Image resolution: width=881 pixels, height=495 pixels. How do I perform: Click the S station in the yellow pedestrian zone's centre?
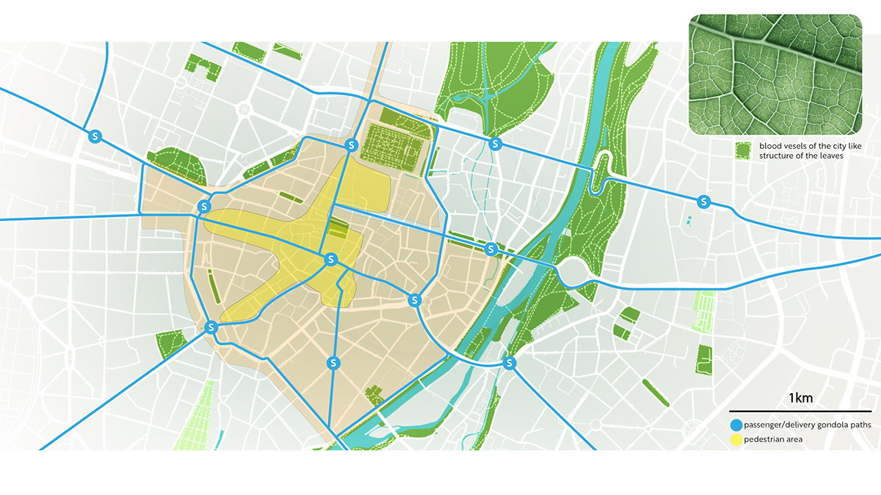click(330, 260)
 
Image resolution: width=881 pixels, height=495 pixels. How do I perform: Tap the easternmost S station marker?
click(704, 201)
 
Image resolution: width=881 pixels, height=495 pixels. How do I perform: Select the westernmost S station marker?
click(94, 136)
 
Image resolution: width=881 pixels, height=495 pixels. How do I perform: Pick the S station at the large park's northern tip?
click(496, 144)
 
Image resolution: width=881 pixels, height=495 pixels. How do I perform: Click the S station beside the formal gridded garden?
click(352, 144)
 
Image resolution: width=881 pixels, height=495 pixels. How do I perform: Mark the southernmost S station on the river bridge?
click(510, 363)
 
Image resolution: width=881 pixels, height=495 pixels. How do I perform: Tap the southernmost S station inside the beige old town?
click(333, 362)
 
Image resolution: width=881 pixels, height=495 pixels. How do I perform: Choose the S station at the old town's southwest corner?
click(211, 327)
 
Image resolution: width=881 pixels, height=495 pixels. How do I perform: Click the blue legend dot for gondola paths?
click(736, 425)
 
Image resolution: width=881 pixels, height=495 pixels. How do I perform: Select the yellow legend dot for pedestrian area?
click(736, 439)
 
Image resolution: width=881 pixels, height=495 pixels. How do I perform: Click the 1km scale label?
click(801, 398)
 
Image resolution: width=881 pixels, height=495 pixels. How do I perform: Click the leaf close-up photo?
click(775, 75)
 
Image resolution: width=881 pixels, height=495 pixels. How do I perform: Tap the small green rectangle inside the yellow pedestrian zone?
click(339, 230)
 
